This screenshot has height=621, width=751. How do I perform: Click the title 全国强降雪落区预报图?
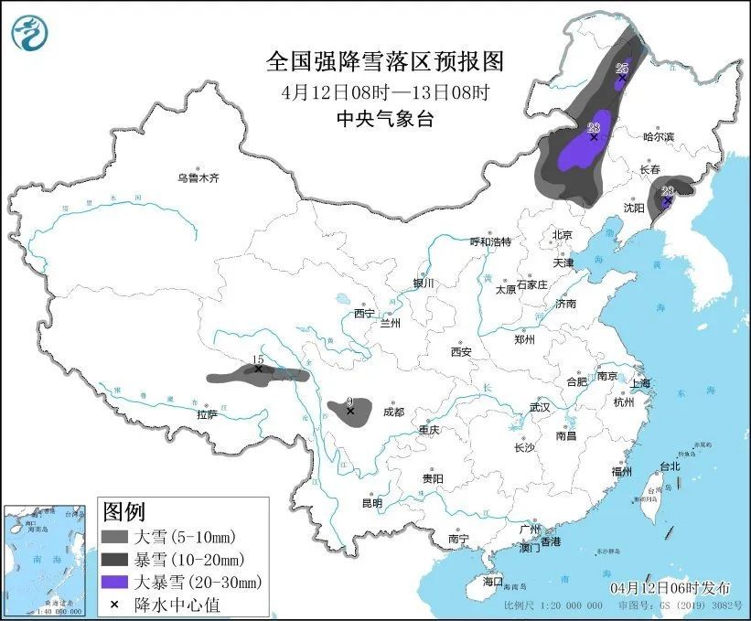coord(384,61)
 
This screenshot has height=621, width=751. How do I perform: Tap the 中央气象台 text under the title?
coord(384,117)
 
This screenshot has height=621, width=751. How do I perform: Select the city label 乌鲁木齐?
coord(198,178)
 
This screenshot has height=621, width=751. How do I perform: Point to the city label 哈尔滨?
coord(658,136)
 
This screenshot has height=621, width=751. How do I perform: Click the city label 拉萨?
coord(207,414)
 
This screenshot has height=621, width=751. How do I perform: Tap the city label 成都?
coord(394,412)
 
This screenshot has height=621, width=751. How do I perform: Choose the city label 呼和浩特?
coord(490,241)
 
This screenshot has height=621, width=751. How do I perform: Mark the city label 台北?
coord(670,466)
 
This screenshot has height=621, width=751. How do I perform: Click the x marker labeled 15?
coord(259,369)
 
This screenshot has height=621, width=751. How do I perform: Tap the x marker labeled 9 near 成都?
coord(350,412)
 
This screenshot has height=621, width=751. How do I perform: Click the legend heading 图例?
coord(123,511)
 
